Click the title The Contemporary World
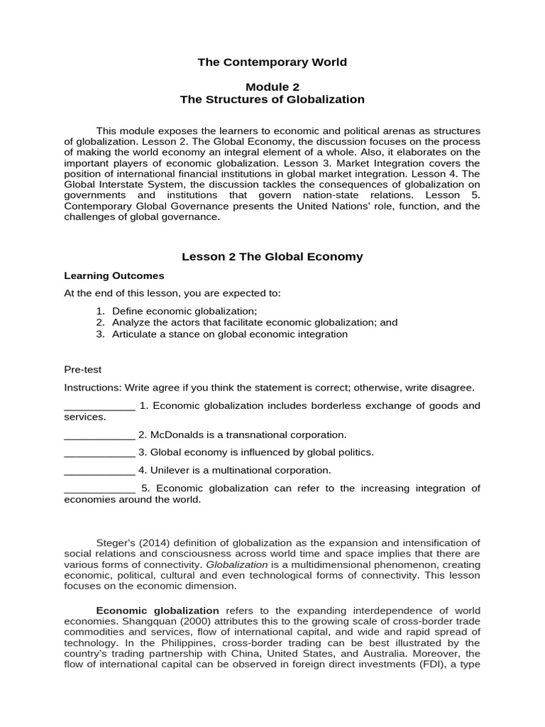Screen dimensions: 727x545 (272, 62)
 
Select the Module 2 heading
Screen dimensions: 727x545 (272, 87)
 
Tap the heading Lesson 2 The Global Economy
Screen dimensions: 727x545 (272, 257)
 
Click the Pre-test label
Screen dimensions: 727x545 (83, 369)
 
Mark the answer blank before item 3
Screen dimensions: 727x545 (99, 452)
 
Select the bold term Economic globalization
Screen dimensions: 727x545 (158, 611)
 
